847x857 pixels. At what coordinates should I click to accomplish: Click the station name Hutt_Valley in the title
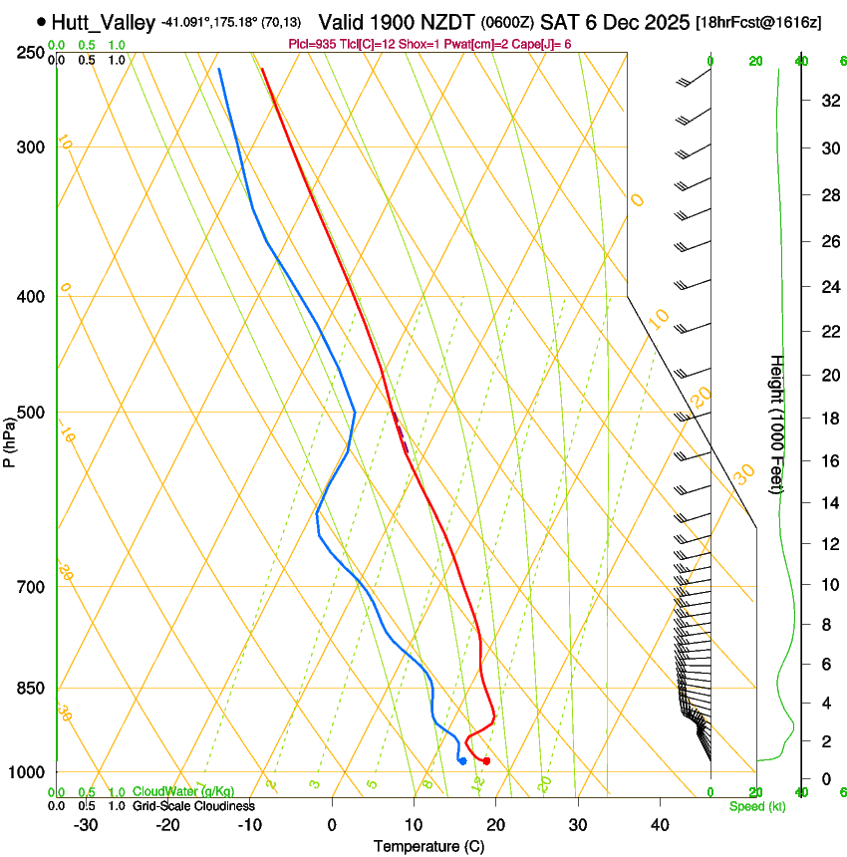103,21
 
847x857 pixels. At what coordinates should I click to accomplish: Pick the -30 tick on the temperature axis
86,825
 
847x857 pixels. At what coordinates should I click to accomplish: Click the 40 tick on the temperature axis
660,825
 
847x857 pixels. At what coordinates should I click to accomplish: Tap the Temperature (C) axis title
428,846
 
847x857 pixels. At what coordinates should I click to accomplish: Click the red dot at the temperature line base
486,761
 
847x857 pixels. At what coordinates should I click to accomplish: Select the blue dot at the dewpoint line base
462,761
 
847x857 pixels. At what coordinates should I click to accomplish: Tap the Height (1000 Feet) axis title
777,424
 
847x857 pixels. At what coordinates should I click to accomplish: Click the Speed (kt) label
756,806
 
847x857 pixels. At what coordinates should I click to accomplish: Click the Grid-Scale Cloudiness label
193,806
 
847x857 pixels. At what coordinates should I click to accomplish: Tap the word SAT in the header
559,21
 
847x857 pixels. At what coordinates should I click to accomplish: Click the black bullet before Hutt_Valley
41,21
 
